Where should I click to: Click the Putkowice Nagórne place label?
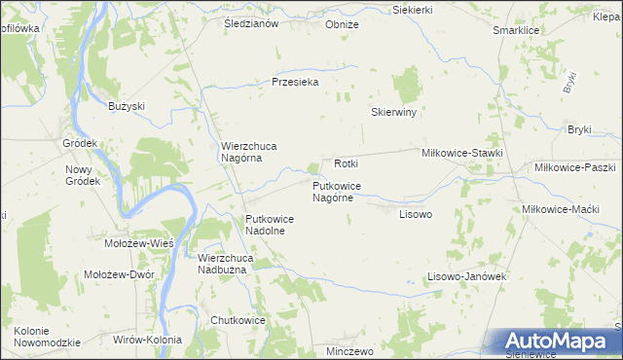[x=338, y=191]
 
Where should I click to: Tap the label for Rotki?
[x=347, y=163]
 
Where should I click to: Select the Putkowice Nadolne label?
[x=270, y=226]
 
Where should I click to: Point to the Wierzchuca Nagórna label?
[x=248, y=152]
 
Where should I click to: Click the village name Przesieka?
[x=295, y=83]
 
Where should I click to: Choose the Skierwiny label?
[x=393, y=113]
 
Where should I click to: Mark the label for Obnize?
[x=342, y=24]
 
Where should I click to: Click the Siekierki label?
[x=412, y=9]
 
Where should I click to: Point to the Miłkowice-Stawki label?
[x=461, y=153]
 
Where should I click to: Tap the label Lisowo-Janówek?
[x=467, y=276]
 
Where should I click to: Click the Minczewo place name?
[x=350, y=350]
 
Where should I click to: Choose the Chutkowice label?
[x=238, y=319]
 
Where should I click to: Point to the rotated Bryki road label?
[x=570, y=82]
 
